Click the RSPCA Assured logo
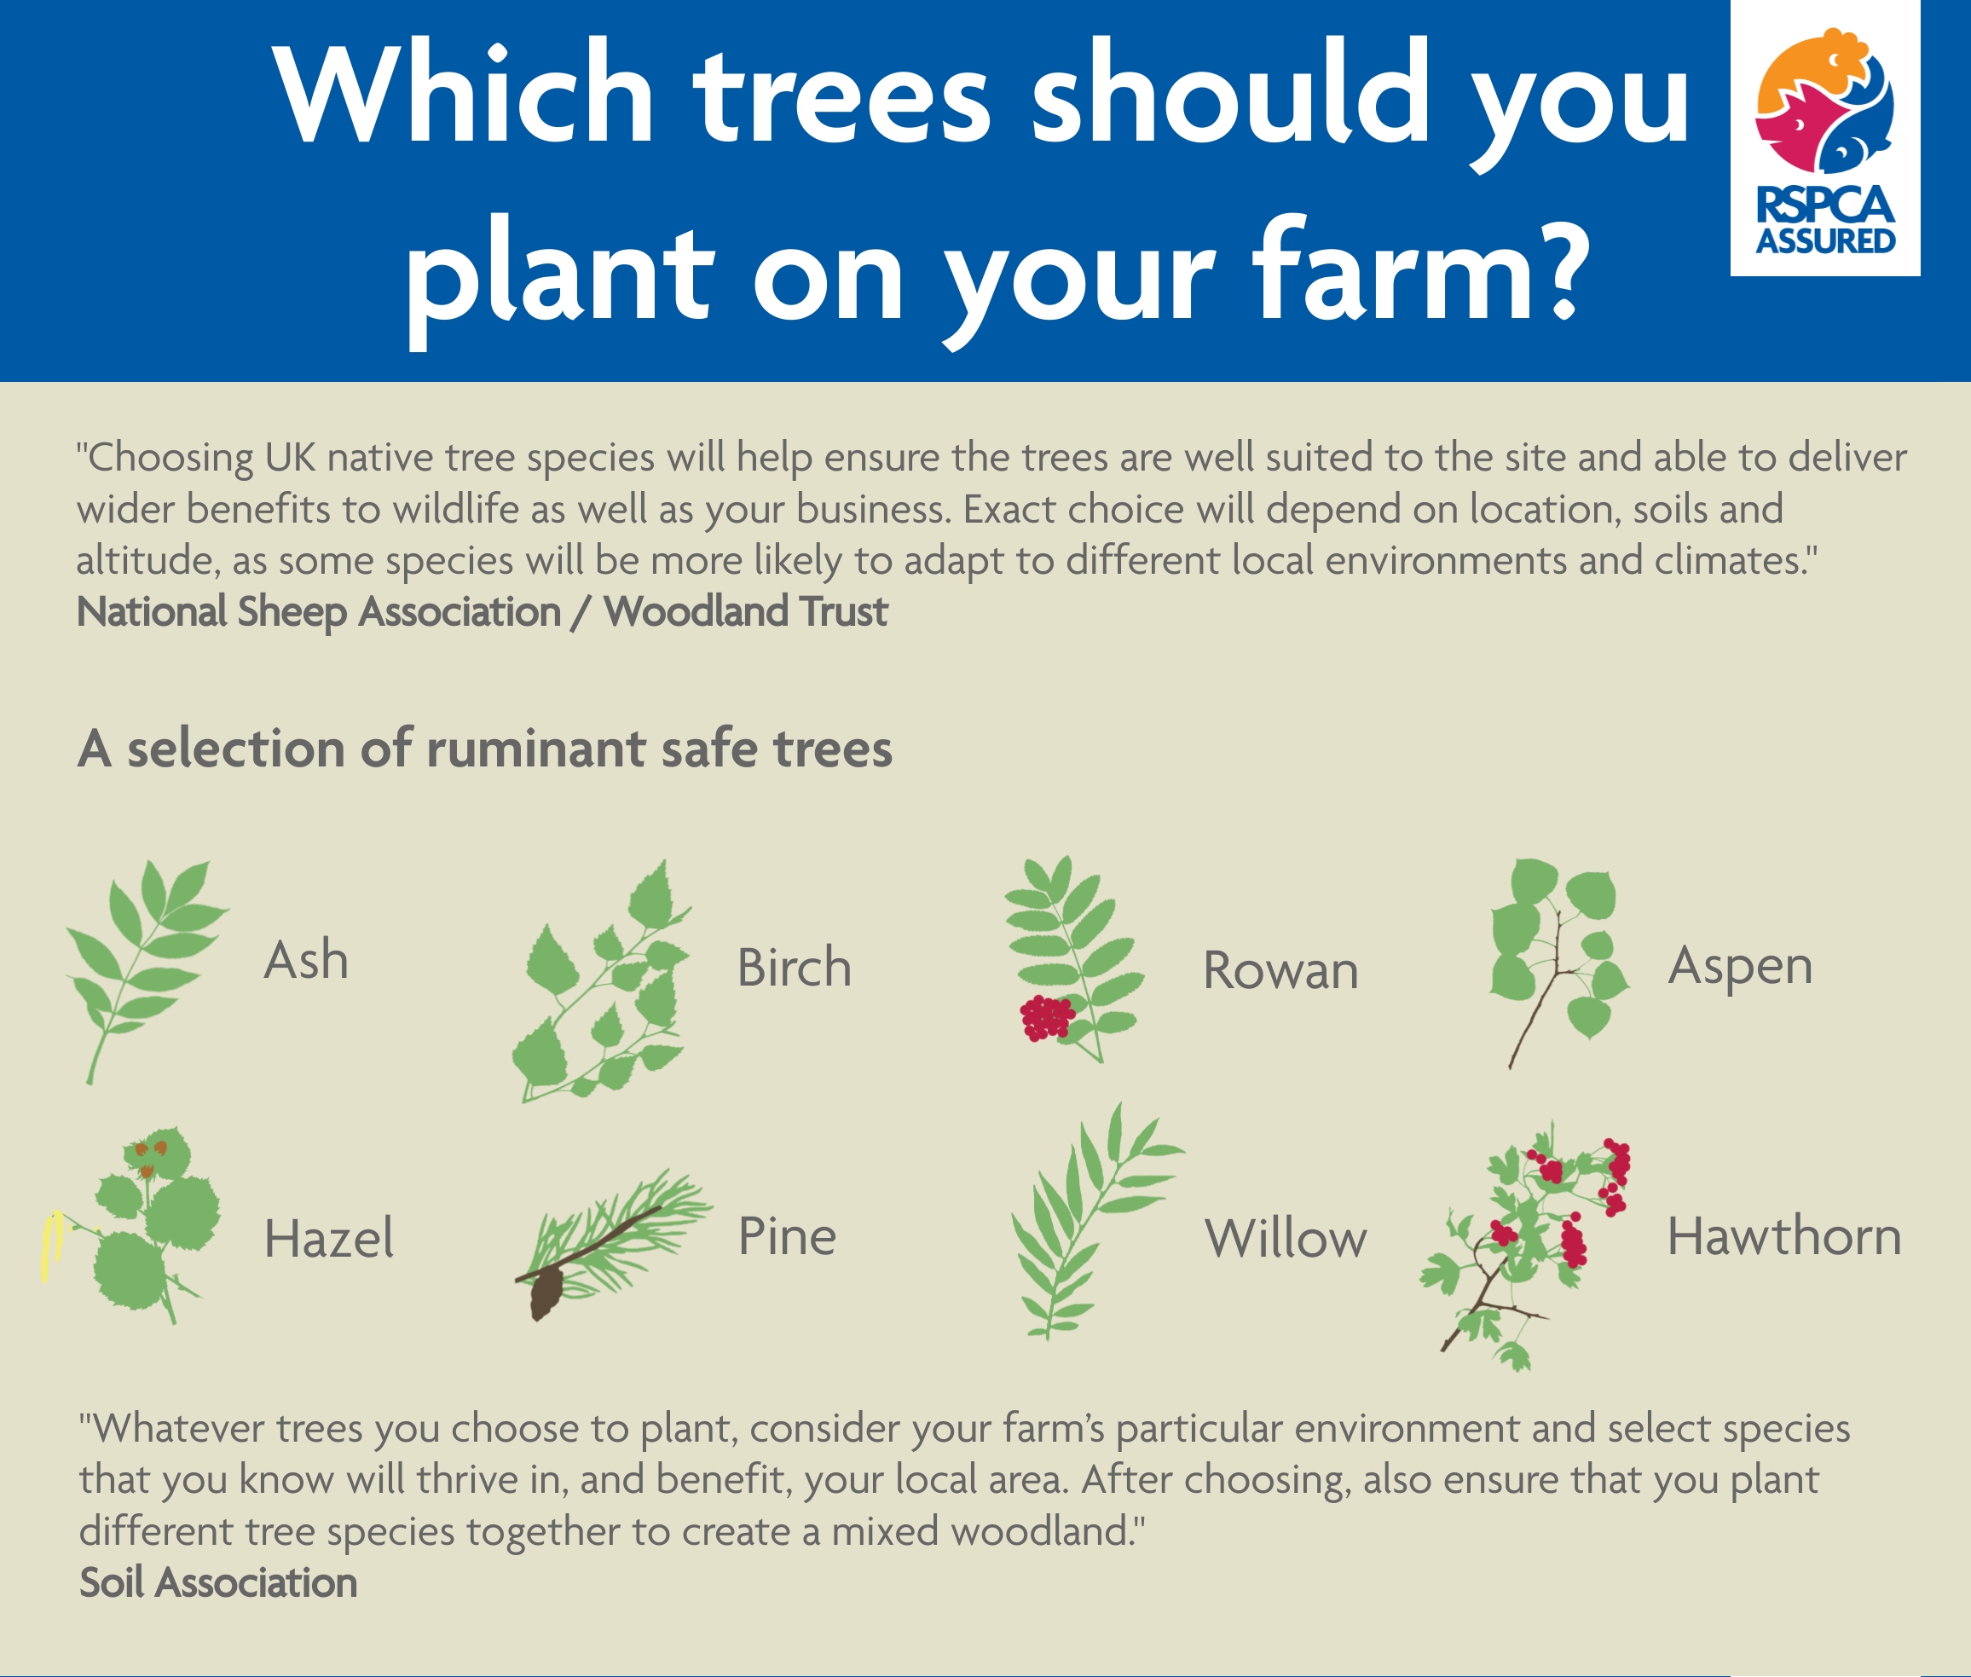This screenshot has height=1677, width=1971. coord(1824,138)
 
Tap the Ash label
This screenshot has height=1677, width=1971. coord(306,959)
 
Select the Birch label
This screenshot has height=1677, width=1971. coord(794,967)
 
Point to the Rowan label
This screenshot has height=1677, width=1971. coord(1280,970)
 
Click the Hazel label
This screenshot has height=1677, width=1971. coord(329,1238)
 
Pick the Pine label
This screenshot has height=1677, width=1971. coord(787,1236)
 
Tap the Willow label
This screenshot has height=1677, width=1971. coord(1286,1238)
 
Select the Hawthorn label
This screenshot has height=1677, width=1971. coord(1784,1236)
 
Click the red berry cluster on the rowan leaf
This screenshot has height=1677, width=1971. coord(1047,1017)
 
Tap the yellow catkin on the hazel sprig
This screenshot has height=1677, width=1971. coord(50,1246)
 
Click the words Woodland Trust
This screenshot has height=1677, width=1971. coord(745,610)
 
